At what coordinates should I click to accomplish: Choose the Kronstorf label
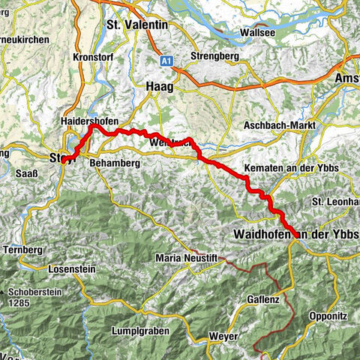tap(92, 57)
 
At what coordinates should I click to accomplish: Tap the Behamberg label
tap(114, 160)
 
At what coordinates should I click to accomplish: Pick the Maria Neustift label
tap(185, 258)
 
